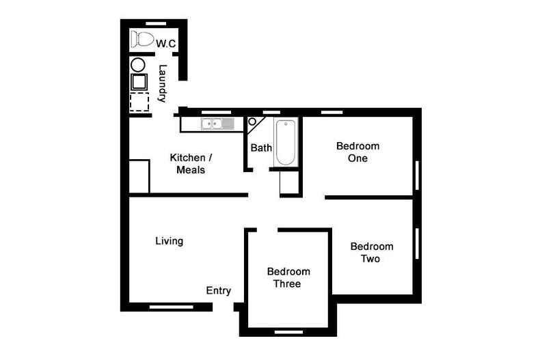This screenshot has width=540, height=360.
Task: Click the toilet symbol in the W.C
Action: [142, 40]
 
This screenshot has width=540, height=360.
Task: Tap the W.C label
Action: [165, 44]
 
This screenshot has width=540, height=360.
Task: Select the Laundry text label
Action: [162, 83]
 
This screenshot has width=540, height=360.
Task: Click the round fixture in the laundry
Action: [138, 65]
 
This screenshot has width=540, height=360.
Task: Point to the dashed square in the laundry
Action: [139, 102]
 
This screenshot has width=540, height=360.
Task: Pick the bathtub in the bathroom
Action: [286, 142]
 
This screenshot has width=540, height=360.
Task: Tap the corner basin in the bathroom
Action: [254, 124]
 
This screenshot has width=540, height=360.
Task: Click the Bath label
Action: [261, 148]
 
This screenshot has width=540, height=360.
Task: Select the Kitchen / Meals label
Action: [191, 164]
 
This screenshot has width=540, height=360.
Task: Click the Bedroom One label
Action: [357, 152]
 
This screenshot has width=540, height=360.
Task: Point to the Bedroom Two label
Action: [372, 253]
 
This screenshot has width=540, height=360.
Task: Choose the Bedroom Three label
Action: [288, 278]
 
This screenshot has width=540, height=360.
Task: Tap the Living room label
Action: [169, 241]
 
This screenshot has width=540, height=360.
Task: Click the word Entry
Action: [218, 291]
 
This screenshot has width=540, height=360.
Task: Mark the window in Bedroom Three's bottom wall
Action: [288, 332]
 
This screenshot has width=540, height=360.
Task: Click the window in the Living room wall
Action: [171, 307]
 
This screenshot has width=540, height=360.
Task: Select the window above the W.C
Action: [156, 24]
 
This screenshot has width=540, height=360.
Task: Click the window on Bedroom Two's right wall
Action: [417, 243]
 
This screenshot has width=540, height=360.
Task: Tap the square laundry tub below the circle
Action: [139, 82]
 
